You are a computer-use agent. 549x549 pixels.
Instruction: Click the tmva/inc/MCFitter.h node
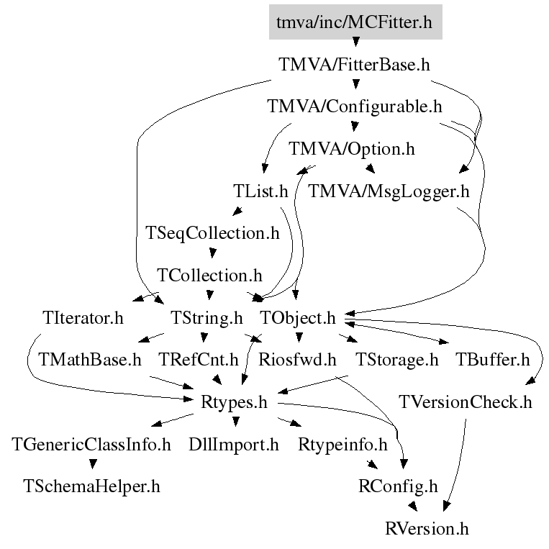point(355,22)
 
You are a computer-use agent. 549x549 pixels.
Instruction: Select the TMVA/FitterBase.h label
point(354,65)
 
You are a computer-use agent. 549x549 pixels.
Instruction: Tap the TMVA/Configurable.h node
point(355,106)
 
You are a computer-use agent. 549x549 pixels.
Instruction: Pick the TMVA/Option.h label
point(352,149)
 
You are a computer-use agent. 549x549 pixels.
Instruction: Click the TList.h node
point(260,191)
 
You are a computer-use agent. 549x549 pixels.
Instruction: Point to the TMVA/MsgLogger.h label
point(389,191)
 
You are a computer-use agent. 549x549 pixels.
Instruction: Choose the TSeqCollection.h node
point(212,233)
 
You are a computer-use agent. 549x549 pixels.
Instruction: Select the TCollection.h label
point(209,275)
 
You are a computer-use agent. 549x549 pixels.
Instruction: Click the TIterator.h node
point(83,318)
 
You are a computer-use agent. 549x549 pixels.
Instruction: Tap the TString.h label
point(207,318)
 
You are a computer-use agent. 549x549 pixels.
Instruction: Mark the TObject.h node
point(298,318)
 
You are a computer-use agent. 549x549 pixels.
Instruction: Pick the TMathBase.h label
point(90,360)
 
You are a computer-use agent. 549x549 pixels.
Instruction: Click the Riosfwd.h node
point(297,360)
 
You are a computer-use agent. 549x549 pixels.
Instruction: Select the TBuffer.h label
point(493,360)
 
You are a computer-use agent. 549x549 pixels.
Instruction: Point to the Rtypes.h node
point(234,402)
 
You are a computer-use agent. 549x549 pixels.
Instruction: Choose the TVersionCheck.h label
point(466,402)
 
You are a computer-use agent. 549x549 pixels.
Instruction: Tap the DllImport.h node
point(234,445)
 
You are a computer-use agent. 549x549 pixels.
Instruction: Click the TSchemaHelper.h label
point(91,486)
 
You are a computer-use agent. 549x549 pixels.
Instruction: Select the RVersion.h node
point(427,528)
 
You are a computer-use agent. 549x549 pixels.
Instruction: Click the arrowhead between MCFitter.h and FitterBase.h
point(355,42)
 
